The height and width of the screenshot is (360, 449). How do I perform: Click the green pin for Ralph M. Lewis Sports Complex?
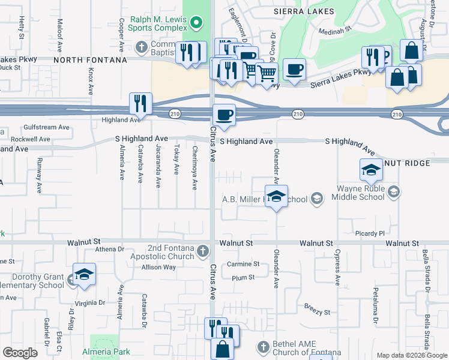pos(196,23)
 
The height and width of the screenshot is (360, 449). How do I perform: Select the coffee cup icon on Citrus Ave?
pos(224,115)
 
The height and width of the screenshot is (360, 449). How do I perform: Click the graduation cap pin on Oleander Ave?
pos(276,197)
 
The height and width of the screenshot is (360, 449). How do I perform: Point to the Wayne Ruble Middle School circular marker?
pos(393,191)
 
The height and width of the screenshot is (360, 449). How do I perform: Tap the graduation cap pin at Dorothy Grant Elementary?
pos(85,275)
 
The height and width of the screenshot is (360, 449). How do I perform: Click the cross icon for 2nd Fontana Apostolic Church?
pos(203,250)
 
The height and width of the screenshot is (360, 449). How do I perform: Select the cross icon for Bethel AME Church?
pos(262,347)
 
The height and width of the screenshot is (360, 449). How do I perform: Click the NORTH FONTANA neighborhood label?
pos(90,60)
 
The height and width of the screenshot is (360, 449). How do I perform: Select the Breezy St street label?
pos(318,312)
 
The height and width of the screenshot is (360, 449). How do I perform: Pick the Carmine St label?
pos(243,264)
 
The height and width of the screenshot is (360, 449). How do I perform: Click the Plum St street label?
pos(243,277)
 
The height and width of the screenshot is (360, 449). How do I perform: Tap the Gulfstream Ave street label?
pos(47,127)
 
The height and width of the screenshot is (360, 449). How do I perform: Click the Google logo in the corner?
pos(20,353)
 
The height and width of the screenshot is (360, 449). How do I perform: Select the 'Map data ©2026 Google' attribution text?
pos(412,355)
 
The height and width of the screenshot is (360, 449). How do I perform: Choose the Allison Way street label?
pos(158,267)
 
